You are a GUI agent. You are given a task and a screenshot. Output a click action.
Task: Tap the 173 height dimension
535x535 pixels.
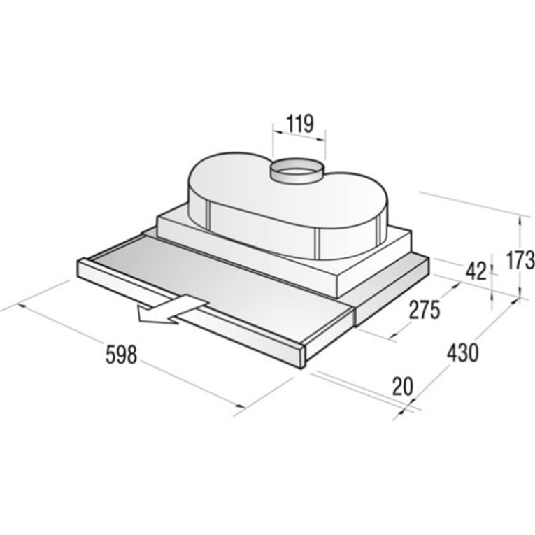[x=520, y=259]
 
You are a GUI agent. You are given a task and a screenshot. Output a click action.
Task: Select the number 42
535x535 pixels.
[x=476, y=272]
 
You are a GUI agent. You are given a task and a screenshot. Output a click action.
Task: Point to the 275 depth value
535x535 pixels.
[x=425, y=310]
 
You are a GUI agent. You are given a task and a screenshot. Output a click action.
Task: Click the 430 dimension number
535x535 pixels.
[x=463, y=352]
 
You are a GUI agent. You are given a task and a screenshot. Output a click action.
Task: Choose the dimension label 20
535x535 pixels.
[x=403, y=386]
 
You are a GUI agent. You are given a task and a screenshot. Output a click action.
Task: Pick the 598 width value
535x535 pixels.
[x=121, y=355]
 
